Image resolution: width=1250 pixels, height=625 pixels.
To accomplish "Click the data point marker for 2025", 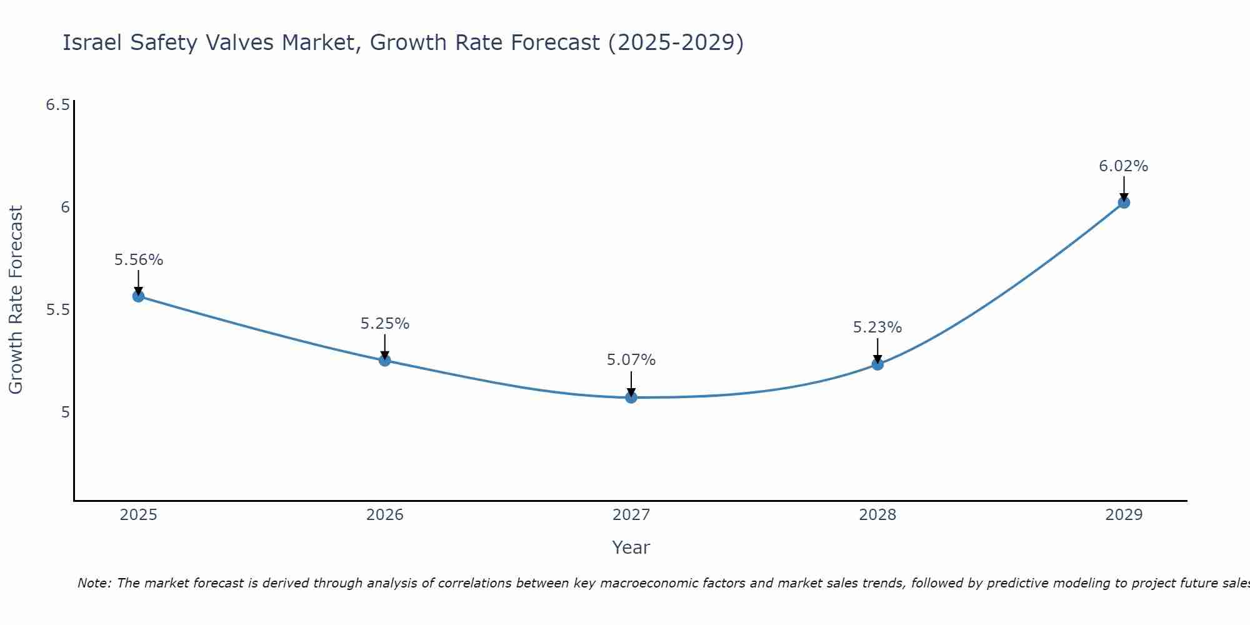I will (x=138, y=296).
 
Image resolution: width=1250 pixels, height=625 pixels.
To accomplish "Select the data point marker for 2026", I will (x=384, y=360).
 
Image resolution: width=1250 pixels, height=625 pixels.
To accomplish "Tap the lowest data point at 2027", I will (x=631, y=397).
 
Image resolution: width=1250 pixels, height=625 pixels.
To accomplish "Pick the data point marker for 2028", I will (x=877, y=364).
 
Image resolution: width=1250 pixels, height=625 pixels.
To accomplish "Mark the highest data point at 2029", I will (x=1123, y=202).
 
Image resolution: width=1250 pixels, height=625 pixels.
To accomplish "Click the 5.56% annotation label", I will (x=138, y=260).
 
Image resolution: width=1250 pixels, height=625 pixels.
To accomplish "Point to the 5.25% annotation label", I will (x=384, y=324).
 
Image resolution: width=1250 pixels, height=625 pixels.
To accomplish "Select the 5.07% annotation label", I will (x=631, y=360).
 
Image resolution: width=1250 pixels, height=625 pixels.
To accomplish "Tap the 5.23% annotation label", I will (x=877, y=327).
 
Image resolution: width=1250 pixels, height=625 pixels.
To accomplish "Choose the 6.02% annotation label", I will (x=1123, y=166).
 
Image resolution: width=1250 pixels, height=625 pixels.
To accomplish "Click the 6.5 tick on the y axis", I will (x=57, y=104).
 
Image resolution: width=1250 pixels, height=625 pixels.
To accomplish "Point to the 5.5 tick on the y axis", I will (x=57, y=310).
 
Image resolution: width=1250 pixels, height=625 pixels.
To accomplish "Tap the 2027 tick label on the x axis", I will (x=631, y=515).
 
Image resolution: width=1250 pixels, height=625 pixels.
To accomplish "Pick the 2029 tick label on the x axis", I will (x=1123, y=515).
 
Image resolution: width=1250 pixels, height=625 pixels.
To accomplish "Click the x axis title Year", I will (x=631, y=547).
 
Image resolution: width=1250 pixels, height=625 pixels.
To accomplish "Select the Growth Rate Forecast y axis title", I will (x=16, y=300).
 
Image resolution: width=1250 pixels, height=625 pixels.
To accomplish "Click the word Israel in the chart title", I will (x=92, y=42).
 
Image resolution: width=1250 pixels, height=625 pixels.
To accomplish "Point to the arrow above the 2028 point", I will (x=877, y=350).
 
